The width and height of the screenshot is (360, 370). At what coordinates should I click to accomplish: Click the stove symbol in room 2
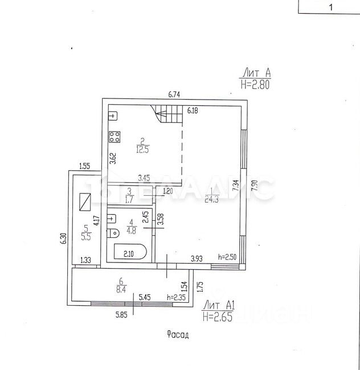(x=114, y=137)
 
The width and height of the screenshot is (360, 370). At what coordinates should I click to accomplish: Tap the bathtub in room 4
(x=130, y=253)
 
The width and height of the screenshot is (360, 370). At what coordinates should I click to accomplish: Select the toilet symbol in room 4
(x=113, y=232)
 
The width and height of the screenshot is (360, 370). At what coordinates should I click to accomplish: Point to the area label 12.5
(x=142, y=150)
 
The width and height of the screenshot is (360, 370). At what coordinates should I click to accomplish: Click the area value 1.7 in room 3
(x=129, y=200)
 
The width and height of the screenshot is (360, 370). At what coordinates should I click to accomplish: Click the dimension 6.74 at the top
(x=174, y=95)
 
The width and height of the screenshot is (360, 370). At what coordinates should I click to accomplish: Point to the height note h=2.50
(x=228, y=257)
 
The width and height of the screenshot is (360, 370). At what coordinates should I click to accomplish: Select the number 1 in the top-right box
(x=328, y=7)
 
